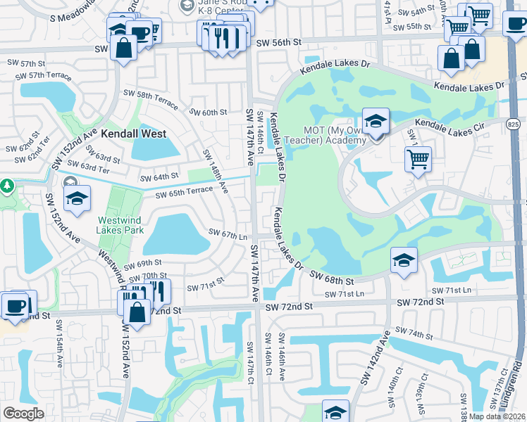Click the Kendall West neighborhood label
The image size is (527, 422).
(x=133, y=133)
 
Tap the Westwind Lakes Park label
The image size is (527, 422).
(x=120, y=225)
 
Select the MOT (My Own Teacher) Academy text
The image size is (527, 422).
(x=335, y=135)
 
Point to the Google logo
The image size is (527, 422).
(x=23, y=414)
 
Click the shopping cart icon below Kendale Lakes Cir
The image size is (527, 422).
(x=418, y=160)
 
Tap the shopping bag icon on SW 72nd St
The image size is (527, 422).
(x=139, y=313)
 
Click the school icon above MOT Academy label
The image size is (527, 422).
(x=376, y=121)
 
